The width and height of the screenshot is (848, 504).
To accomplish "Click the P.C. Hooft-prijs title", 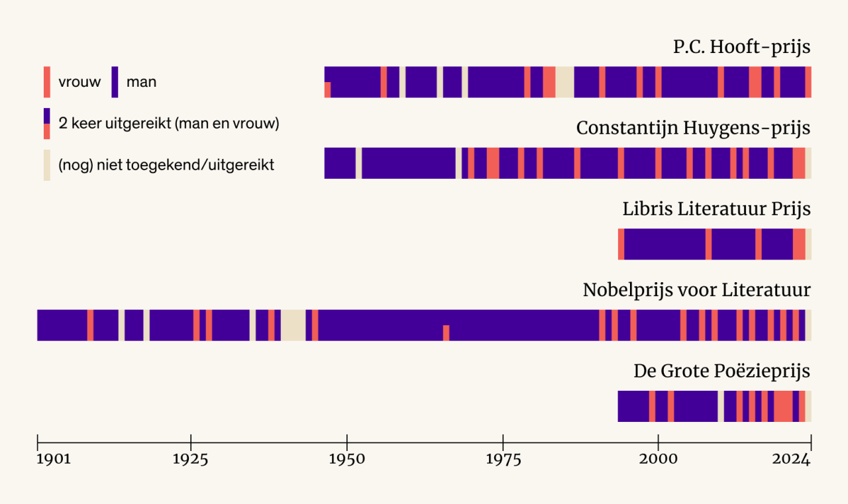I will pyautogui.click(x=741, y=48).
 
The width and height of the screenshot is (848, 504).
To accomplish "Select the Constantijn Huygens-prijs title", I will pyautogui.click(x=693, y=128).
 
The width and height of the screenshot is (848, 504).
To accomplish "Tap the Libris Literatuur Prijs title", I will pyautogui.click(x=716, y=209).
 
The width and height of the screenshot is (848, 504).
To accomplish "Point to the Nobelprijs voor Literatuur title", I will pyautogui.click(x=696, y=290).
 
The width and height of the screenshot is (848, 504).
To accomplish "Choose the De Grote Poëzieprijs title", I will pyautogui.click(x=721, y=371).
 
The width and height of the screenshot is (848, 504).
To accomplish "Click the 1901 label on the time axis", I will pyautogui.click(x=52, y=460).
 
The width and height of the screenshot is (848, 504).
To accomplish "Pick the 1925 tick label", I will pyautogui.click(x=191, y=460).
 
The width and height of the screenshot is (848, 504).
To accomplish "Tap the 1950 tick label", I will pyautogui.click(x=346, y=460).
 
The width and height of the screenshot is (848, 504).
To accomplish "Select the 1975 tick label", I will pyautogui.click(x=503, y=460).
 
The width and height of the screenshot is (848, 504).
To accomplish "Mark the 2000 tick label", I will pyautogui.click(x=659, y=460).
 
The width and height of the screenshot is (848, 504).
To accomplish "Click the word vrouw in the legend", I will pyautogui.click(x=79, y=83).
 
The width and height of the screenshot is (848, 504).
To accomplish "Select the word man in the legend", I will pyautogui.click(x=141, y=83).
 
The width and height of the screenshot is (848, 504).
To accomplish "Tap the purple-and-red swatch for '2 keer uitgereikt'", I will pyautogui.click(x=47, y=124).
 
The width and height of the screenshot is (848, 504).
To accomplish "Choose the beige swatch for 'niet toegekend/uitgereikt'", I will pyautogui.click(x=47, y=165).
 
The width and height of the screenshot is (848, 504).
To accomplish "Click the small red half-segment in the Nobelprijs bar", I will pyautogui.click(x=446, y=333).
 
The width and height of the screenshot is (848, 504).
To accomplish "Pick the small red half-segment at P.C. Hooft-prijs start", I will pyautogui.click(x=327, y=90).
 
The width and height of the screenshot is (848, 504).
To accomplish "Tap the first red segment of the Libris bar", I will pyautogui.click(x=621, y=244).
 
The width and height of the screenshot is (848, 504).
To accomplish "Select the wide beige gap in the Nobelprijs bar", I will pyautogui.click(x=293, y=325).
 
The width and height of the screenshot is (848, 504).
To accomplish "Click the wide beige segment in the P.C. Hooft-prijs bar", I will pyautogui.click(x=564, y=82).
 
